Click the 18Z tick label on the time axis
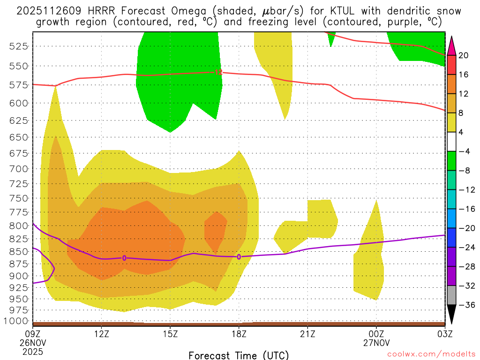point(239,334)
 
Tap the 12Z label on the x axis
point(102,334)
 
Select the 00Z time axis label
point(376,334)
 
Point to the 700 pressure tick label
point(19,168)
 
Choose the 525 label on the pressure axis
point(19,46)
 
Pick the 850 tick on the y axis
point(19,252)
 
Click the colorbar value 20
point(464,55)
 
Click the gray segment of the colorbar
point(451,295)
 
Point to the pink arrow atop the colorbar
point(451,45)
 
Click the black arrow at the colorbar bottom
point(451,315)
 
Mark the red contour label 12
point(218,72)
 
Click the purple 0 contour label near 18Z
point(239,257)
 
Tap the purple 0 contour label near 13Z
point(124,258)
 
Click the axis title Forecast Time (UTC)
point(239,355)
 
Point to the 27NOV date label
point(376,342)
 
